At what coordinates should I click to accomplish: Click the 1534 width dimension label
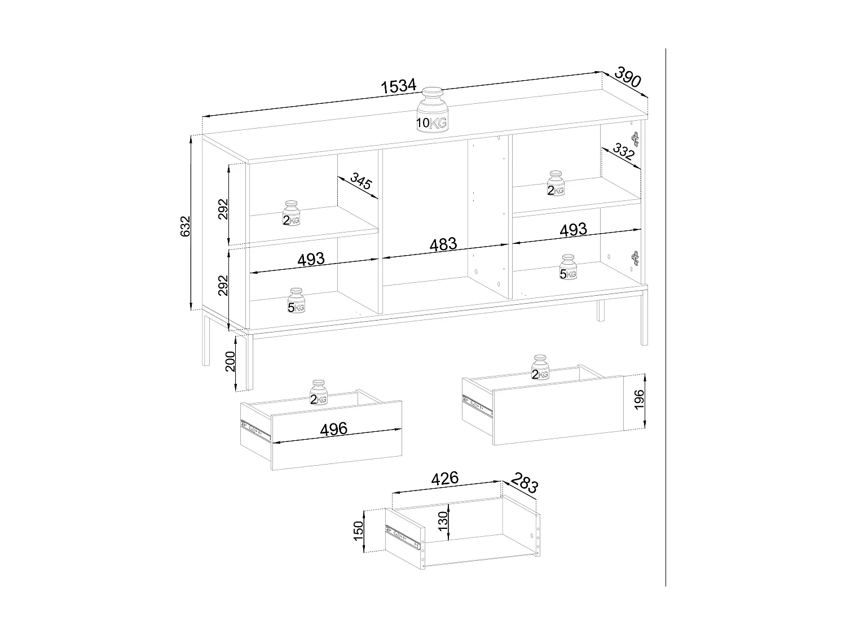click(x=398, y=86)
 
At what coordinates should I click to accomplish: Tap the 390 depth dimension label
click(x=627, y=77)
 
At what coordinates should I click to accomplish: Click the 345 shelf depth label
click(x=360, y=182)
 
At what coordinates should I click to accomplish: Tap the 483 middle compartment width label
click(x=443, y=245)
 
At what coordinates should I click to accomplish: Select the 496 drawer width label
click(x=333, y=429)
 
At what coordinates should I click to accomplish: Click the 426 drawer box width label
click(x=444, y=479)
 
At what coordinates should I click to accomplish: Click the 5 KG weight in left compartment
click(x=296, y=301)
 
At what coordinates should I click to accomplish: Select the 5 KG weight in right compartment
click(x=568, y=268)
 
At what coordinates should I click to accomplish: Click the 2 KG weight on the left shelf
click(x=291, y=213)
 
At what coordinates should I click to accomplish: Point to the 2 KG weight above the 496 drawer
click(x=319, y=393)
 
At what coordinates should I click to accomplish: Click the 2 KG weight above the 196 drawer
click(x=540, y=368)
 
